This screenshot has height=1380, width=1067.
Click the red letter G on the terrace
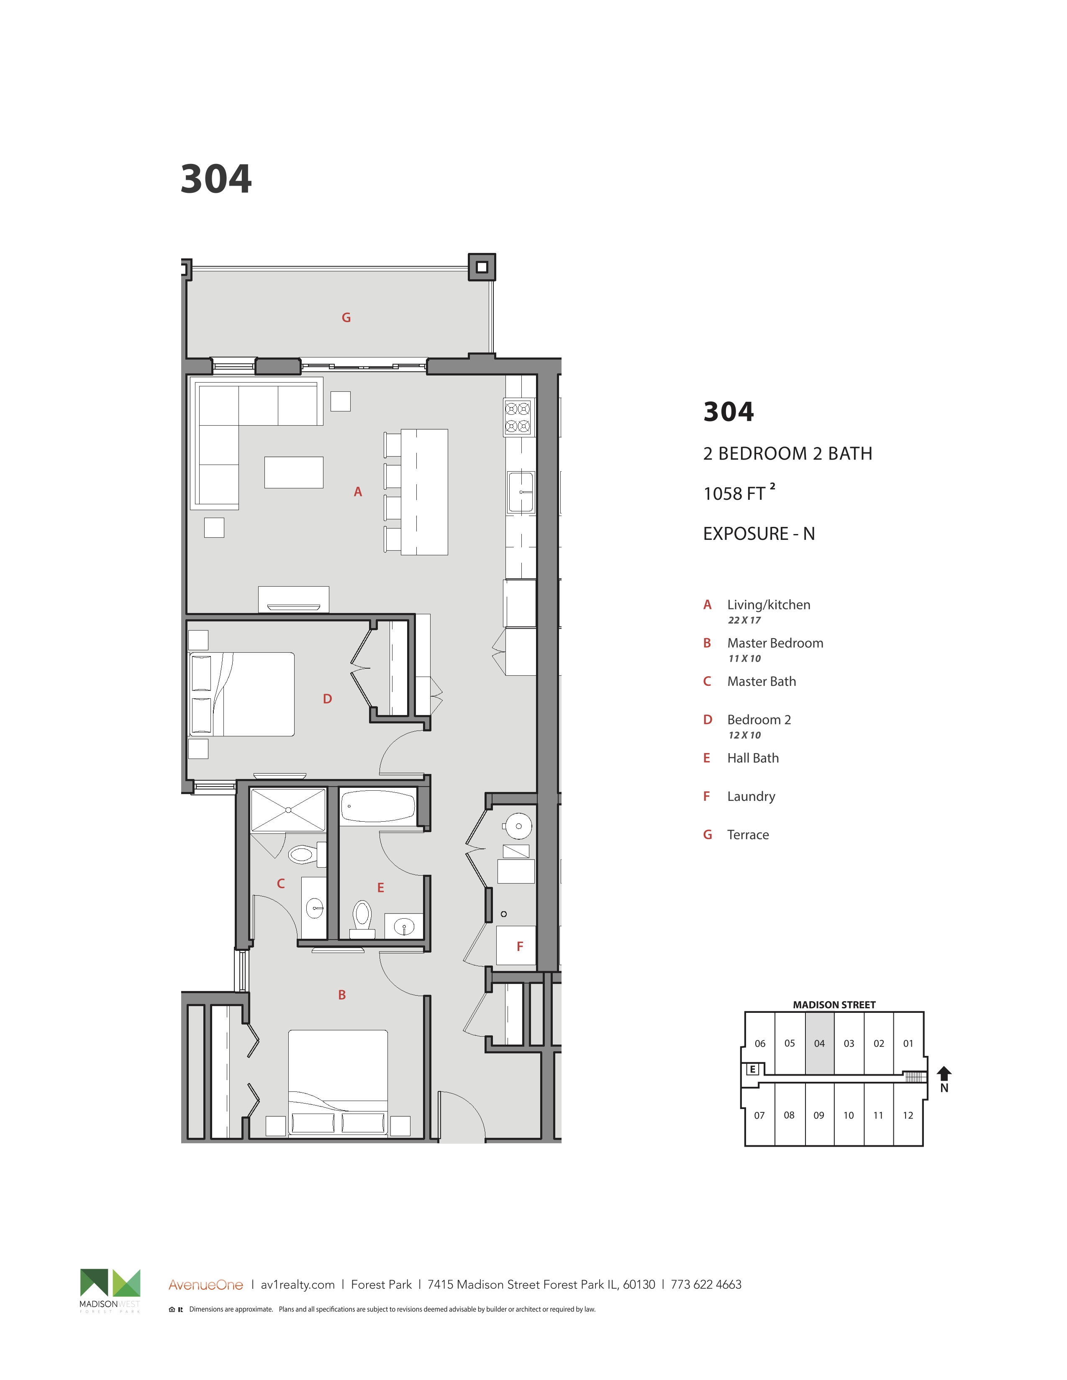(x=346, y=317)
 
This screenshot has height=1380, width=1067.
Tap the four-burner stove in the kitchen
(x=518, y=417)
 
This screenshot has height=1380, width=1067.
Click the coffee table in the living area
(x=294, y=473)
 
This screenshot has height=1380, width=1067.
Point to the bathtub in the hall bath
(x=378, y=807)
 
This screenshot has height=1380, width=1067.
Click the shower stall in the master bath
(x=288, y=810)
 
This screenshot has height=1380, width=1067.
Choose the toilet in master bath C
(x=306, y=855)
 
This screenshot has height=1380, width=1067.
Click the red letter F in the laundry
(x=520, y=946)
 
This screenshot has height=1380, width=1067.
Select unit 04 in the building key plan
(x=819, y=1043)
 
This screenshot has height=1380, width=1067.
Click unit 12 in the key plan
(x=908, y=1115)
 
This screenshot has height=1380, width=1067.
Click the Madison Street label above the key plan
(x=834, y=1004)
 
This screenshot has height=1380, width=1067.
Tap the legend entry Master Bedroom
(x=775, y=643)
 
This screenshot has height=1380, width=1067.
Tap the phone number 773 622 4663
(x=706, y=1285)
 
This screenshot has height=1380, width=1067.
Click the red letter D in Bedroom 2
(x=328, y=699)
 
